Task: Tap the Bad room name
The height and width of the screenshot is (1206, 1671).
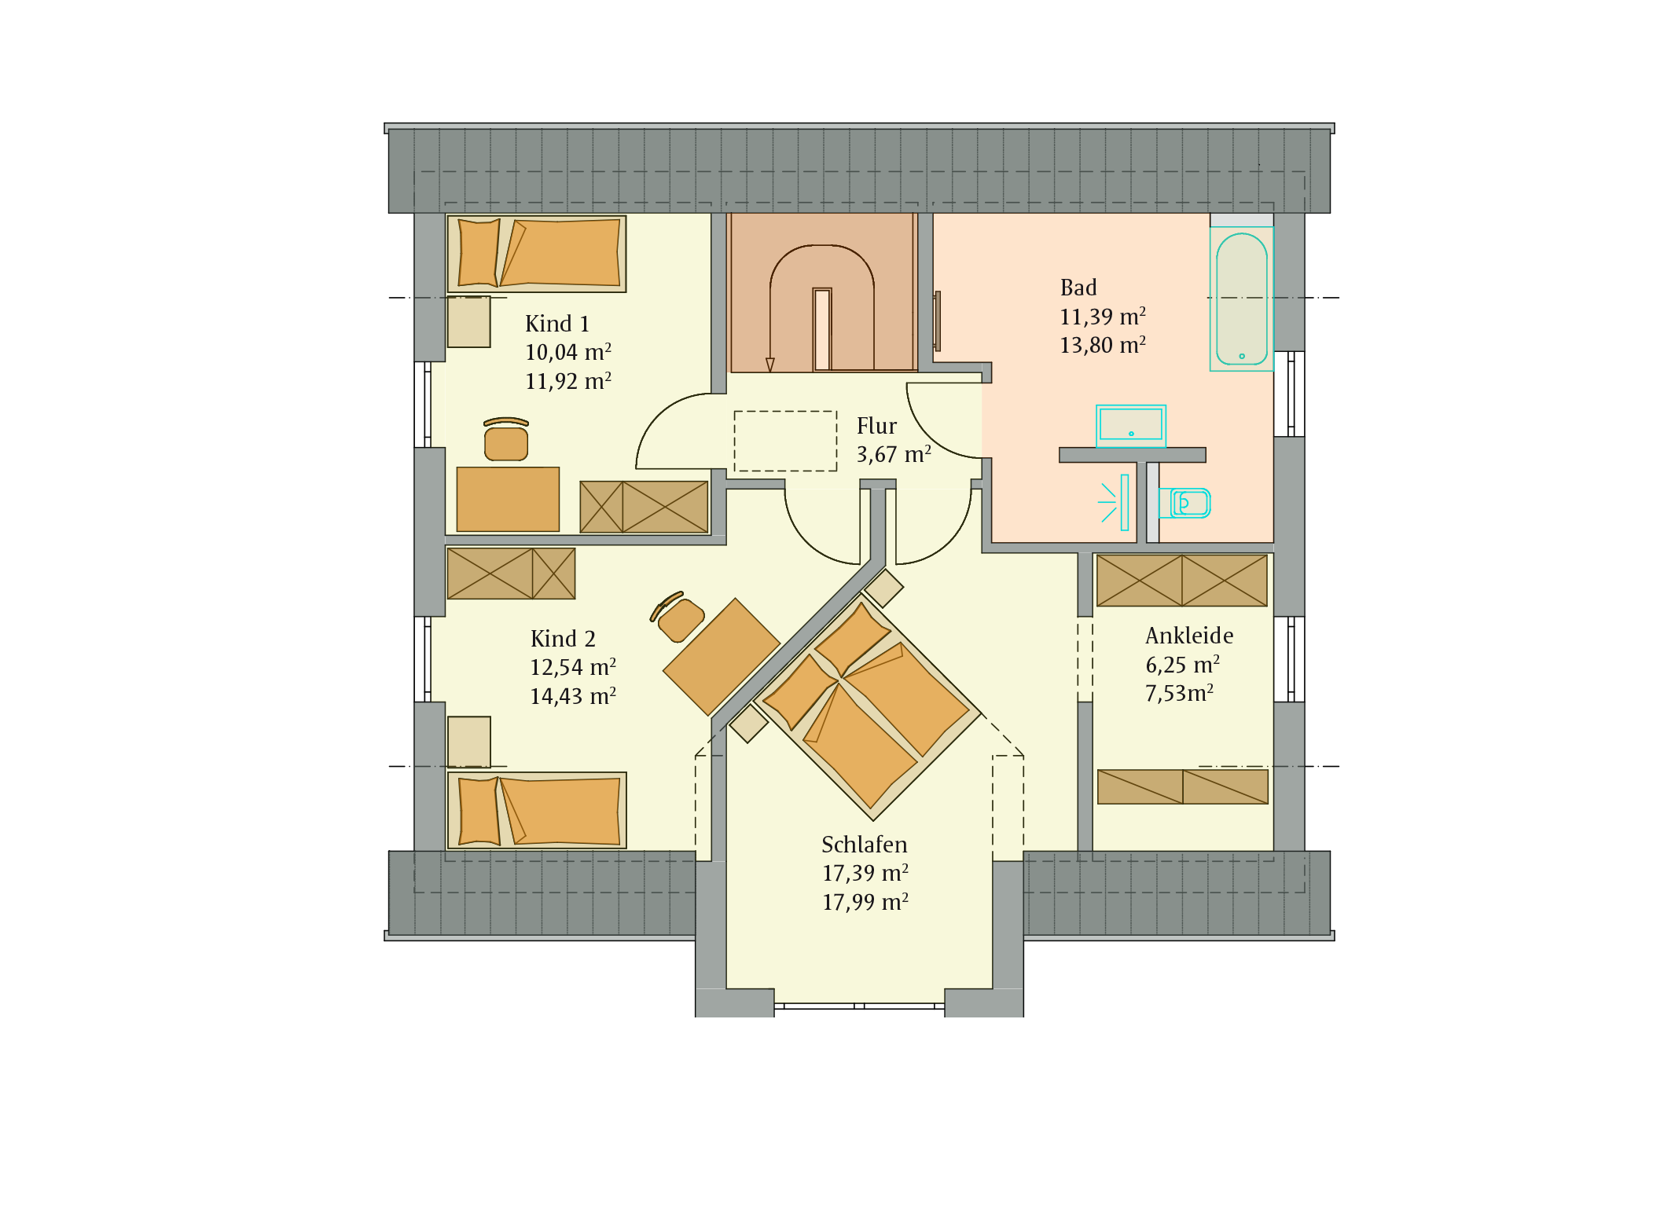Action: pos(1078,288)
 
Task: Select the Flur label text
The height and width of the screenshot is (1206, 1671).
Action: pos(876,426)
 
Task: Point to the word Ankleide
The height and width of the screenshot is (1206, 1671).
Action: pos(1189,636)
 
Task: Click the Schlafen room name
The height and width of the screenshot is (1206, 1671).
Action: pos(864,845)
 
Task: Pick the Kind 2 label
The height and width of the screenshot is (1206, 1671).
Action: pos(563,639)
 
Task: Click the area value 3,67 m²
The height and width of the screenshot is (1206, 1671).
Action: pos(894,454)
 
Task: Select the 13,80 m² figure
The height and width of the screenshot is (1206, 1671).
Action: pos(1103,345)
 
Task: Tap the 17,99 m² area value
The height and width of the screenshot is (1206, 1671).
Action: pos(865,902)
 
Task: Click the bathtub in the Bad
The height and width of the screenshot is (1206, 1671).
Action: pos(1241,299)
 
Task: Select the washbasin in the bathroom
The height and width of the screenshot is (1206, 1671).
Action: pos(1131,426)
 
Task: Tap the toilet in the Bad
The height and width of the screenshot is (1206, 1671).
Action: pos(1185,503)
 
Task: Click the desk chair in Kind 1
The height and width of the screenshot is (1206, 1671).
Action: pos(506,439)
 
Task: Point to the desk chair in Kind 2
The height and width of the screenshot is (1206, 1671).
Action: pos(677,617)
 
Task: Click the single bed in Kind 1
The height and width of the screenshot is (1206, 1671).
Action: pos(537,254)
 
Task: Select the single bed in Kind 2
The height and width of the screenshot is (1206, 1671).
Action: pos(537,810)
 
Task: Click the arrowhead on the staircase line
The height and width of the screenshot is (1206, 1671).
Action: pos(770,365)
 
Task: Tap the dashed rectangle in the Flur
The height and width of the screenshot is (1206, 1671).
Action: pos(785,441)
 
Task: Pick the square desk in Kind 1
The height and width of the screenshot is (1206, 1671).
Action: pos(508,499)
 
